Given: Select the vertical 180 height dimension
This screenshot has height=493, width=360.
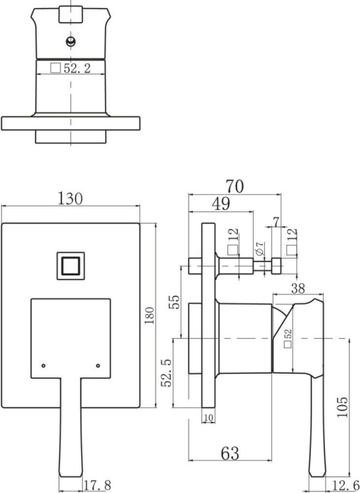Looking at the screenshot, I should coord(149,316).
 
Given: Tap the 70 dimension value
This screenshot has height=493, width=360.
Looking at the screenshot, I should coord(234,186).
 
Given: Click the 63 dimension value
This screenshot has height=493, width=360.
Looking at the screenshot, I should coord(229,453).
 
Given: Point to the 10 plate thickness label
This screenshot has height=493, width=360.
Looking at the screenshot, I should coord(209,417).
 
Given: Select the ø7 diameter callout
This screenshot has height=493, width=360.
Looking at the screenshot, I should coord(261,249).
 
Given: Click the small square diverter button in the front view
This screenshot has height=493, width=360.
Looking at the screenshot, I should coord(71,267).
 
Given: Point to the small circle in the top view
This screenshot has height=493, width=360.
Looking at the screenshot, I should coord(70,41).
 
